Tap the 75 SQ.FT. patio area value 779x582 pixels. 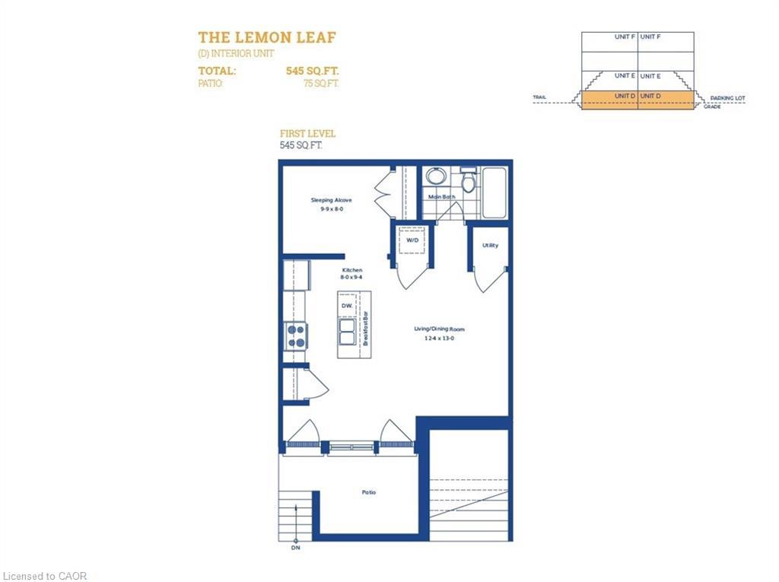(320, 84)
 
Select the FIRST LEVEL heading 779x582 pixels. (307, 134)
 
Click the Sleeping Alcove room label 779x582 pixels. (331, 200)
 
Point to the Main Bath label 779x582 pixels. (441, 197)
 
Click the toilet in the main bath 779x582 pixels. (469, 180)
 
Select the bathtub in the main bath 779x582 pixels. (494, 192)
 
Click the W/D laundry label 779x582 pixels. (412, 240)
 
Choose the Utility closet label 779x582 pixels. (491, 245)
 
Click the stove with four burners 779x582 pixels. (296, 336)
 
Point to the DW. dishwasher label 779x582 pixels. (346, 306)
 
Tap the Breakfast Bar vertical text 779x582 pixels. (365, 328)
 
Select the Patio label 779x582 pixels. (368, 492)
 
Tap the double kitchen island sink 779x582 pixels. (347, 332)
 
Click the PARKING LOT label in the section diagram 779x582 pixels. (727, 98)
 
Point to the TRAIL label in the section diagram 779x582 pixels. (539, 97)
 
